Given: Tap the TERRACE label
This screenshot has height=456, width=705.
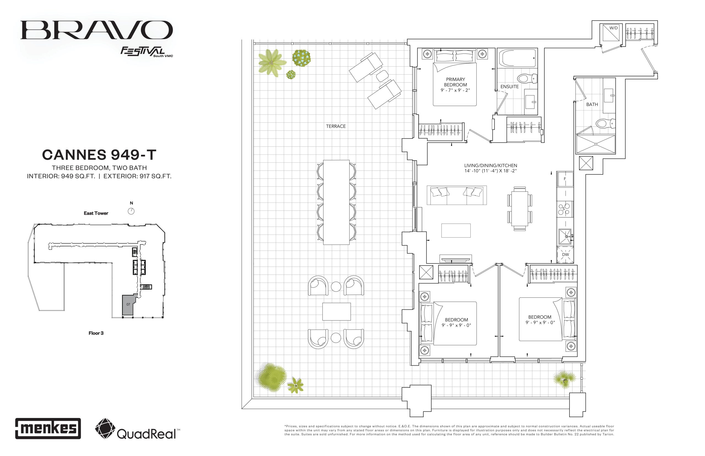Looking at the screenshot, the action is tap(336, 126).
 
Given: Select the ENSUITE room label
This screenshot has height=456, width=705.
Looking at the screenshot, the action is tap(509, 86).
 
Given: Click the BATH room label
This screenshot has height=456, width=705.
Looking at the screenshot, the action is tap(592, 104).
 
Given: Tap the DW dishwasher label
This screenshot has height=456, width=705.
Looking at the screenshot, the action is tap(565, 254).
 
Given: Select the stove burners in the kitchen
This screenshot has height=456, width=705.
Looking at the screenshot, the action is tap(564, 209).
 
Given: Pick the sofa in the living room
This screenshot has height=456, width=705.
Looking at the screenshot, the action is tap(457, 195).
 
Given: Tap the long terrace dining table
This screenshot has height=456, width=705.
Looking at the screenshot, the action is tap(336, 202).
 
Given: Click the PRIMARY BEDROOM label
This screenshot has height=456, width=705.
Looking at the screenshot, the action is tap(455, 82).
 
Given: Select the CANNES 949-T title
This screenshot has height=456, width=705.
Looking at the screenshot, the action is tap(99, 154).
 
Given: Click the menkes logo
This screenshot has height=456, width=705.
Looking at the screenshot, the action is tap(48, 428).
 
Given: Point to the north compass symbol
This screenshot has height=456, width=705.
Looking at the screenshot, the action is tap(131, 211).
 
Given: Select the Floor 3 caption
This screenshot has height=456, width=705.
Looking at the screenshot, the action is tap(96, 333).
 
